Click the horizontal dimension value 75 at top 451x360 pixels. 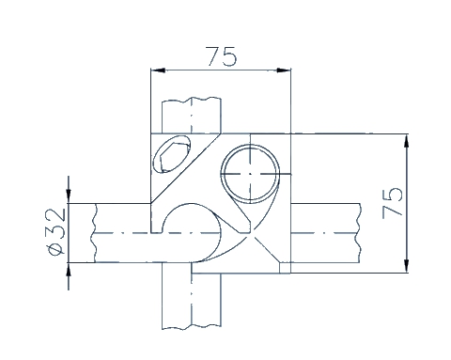point(221,56)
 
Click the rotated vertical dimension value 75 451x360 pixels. point(392,202)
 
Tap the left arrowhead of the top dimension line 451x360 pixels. point(158,70)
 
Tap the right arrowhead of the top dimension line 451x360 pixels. point(284,70)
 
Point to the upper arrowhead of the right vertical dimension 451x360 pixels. point(407,141)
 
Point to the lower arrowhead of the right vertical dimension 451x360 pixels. point(407,266)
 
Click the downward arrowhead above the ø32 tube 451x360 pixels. point(69,196)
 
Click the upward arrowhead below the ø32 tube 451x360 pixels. point(69,270)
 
